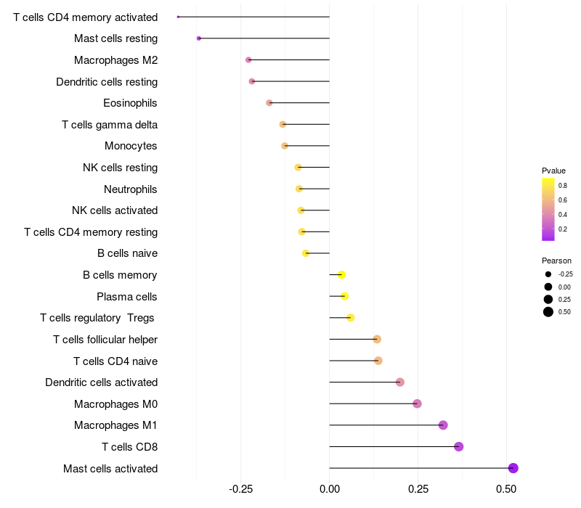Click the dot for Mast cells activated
pos(513,468)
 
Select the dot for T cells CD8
pos(459,446)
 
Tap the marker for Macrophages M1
pos(444,425)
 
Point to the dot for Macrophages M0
pos(417,403)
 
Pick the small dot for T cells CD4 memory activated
pos(178,17)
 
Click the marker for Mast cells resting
pos(199,38)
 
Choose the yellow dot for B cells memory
pos(341,274)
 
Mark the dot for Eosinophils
pos(269,103)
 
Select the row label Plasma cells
pos(127,297)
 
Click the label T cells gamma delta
pos(110,125)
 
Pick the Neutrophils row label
pos(131,189)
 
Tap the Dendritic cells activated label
pos(101,382)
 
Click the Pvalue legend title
pos(553,171)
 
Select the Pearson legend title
pos(556,261)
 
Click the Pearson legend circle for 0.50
pos(548,312)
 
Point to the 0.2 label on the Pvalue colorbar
pos(563,229)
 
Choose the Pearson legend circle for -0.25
pos(548,274)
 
